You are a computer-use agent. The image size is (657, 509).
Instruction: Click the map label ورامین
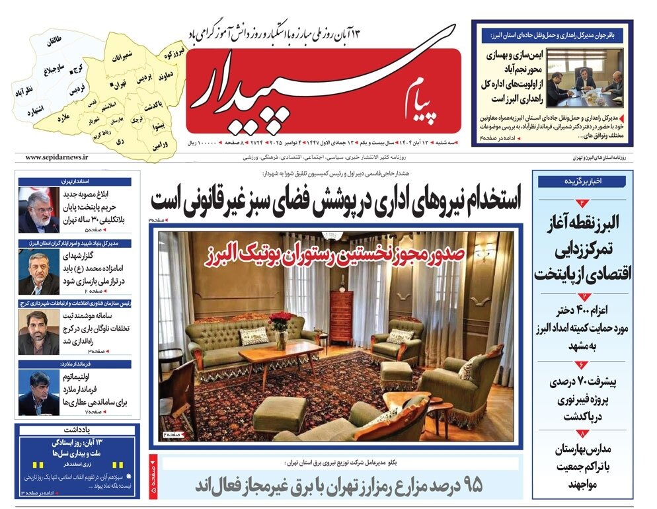tap(159, 144)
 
